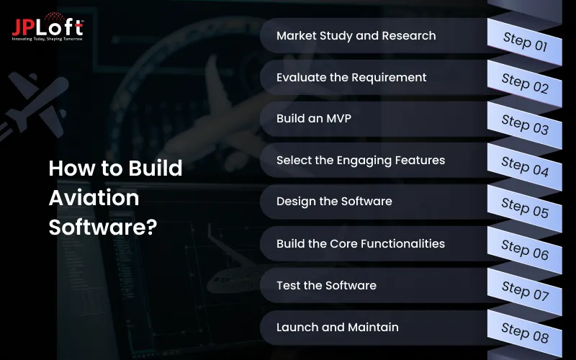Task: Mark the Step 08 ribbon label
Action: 525,332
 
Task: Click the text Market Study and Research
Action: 356,35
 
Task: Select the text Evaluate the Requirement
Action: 351,77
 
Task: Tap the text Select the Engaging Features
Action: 361,161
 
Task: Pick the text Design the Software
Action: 334,202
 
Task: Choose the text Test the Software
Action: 326,285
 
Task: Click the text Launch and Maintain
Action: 337,327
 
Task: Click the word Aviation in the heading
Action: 94,197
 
